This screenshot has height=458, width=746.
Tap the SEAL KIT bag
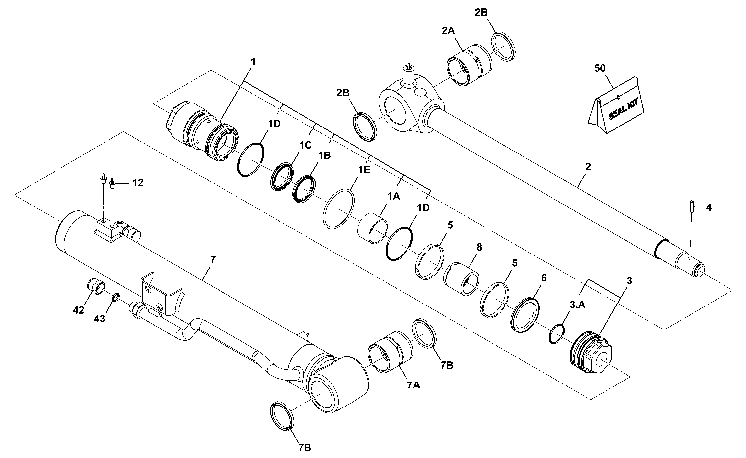(616, 106)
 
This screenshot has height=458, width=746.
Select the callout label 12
(138, 183)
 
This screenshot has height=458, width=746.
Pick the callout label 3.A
(577, 305)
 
